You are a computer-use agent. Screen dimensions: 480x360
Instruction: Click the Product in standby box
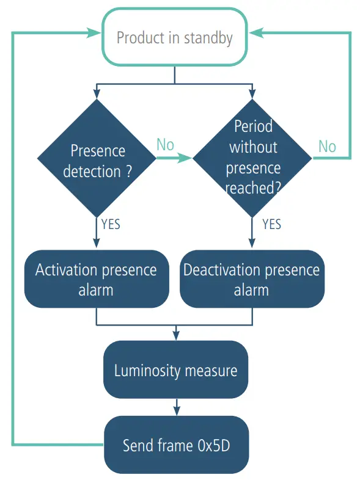coord(175,38)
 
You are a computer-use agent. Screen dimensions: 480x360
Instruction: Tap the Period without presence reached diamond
coord(252,158)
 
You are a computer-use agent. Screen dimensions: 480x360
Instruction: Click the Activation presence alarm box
coord(96,278)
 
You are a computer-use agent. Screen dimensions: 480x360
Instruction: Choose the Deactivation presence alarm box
coord(251,278)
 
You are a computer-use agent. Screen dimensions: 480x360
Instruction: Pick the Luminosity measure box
coord(175,370)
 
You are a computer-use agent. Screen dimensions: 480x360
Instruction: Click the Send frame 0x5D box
coord(175,445)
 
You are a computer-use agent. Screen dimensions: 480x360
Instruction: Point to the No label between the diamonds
coord(165,145)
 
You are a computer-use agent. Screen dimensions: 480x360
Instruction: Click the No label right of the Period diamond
coord(327,146)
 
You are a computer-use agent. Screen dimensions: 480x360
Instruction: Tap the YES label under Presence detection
coord(111,224)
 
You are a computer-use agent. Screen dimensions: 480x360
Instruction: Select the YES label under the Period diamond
coord(271,224)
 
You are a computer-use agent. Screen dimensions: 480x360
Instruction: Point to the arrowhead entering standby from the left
coord(94,32)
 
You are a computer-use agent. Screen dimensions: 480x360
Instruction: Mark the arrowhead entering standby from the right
coord(256,32)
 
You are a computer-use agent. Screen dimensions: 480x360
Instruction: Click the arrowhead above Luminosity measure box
coord(176,335)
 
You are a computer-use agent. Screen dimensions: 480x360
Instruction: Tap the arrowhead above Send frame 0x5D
coord(176,410)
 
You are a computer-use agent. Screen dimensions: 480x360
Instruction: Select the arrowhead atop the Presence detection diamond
coord(97,93)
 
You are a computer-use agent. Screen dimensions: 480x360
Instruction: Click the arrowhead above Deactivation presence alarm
coord(252,244)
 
